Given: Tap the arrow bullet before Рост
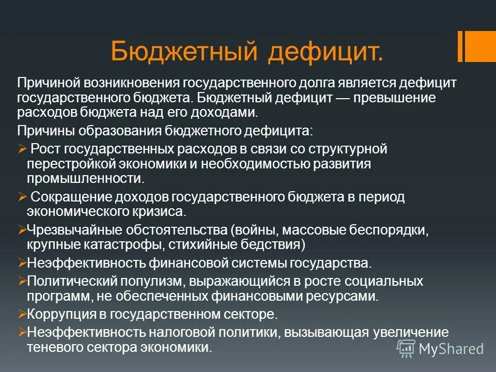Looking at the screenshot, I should (22, 149).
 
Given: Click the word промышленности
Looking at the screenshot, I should (85, 178).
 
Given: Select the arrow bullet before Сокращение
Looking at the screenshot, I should (22, 196).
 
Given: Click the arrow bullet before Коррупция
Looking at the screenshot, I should (22, 314).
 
